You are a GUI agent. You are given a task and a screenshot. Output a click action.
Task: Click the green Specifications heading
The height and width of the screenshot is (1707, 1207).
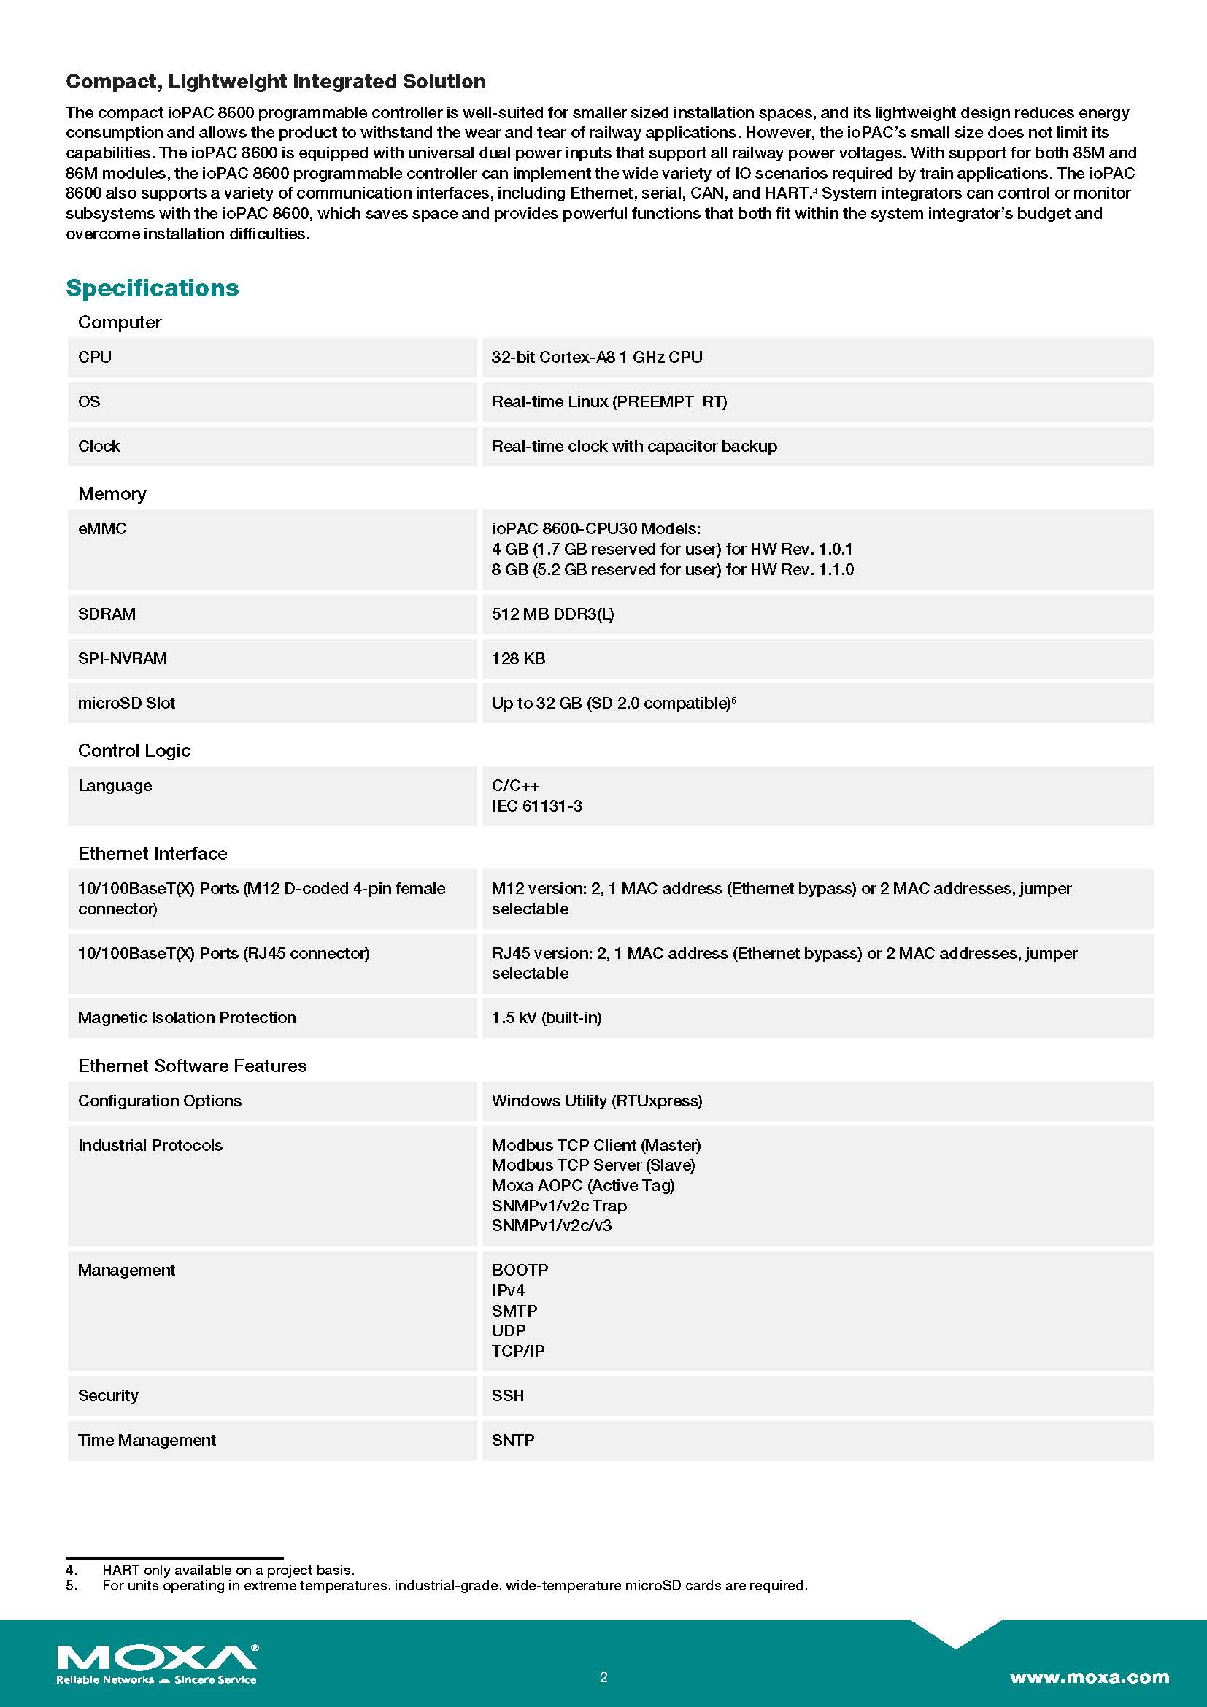tap(153, 288)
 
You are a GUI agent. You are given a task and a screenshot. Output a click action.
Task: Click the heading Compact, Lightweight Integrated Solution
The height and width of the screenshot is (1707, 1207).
tap(276, 81)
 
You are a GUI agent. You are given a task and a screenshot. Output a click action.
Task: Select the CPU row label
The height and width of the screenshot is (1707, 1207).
tap(94, 357)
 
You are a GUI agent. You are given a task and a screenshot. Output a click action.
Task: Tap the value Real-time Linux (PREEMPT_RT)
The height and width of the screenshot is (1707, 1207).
tap(609, 401)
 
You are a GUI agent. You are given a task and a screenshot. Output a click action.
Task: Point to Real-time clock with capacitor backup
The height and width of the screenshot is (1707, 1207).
tap(634, 446)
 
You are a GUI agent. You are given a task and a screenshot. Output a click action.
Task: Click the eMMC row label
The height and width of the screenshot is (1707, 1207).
tap(102, 528)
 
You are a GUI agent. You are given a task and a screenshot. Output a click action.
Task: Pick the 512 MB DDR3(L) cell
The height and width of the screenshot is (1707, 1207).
tap(552, 614)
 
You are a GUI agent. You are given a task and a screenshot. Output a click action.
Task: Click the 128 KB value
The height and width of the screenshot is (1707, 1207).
tap(518, 659)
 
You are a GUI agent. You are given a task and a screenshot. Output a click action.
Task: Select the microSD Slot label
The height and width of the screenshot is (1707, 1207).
tap(126, 704)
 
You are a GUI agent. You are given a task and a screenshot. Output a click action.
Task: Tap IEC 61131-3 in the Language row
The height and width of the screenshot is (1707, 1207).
tap(536, 806)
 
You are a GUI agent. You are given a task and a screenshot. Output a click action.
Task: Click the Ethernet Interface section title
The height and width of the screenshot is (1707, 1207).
tap(153, 854)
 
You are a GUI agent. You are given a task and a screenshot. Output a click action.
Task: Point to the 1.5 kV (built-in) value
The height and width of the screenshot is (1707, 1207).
tap(547, 1017)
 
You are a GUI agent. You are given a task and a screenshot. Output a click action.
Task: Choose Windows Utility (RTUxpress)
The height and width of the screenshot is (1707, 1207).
tap(596, 1101)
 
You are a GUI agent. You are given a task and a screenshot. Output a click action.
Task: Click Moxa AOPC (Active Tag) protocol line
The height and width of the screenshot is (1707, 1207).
tap(582, 1185)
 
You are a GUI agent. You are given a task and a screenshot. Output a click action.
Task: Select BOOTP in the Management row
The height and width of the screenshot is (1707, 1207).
tap(520, 1270)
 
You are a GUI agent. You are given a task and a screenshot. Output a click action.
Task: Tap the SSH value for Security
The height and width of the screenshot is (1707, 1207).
tap(508, 1395)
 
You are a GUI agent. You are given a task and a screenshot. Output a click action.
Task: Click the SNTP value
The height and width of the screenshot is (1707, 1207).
tap(513, 1440)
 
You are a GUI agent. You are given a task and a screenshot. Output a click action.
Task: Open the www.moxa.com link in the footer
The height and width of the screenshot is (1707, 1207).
tap(1089, 1677)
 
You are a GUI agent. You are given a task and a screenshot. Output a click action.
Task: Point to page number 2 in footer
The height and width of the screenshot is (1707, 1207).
tap(603, 1677)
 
